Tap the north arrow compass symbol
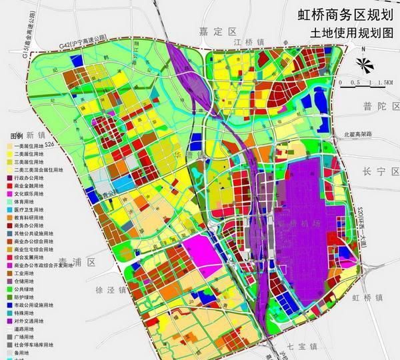coord(363,63)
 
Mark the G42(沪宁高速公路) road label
coord(82,41)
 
